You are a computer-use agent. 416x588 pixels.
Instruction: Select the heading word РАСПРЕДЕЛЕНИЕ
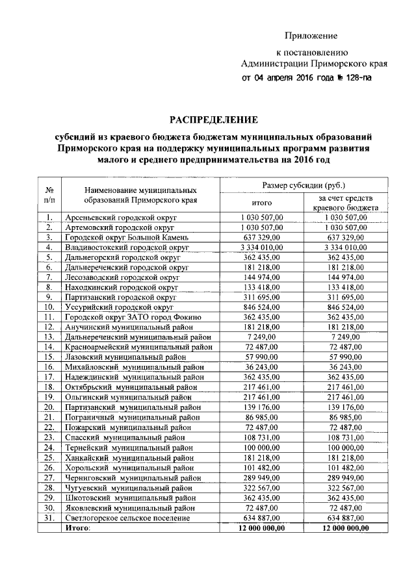coord(214,120)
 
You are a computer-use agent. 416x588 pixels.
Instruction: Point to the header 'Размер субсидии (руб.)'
coord(304,185)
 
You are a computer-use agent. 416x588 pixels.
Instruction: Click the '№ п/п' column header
coord(49,194)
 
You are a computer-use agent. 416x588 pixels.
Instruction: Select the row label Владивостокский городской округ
coord(127,248)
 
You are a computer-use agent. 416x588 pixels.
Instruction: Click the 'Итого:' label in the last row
coord(78,528)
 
